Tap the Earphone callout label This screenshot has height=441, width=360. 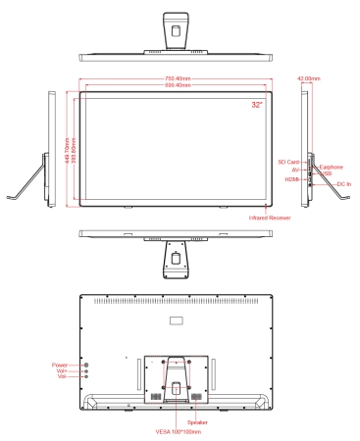pos(331,167)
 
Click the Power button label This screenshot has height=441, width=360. pos(60,363)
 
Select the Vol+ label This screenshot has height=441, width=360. pos(62,370)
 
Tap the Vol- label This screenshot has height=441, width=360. pos(62,377)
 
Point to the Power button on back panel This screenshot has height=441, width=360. pos(85,363)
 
